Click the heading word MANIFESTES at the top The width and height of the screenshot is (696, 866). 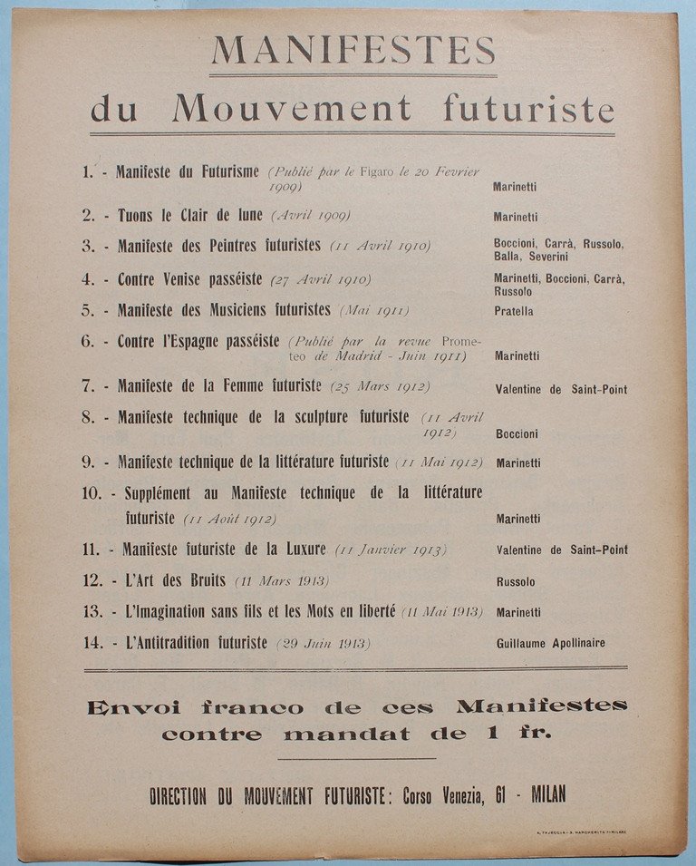353,50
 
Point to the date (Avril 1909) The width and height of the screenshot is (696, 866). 310,216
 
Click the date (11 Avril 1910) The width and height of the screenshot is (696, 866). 381,246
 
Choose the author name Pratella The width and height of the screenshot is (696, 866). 514,311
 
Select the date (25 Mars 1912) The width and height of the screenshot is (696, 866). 380,386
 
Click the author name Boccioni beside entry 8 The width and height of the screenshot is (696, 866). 517,434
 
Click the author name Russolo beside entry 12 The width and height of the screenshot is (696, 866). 516,582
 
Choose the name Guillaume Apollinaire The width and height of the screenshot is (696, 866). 550,644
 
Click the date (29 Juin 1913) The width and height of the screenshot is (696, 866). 324,644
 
